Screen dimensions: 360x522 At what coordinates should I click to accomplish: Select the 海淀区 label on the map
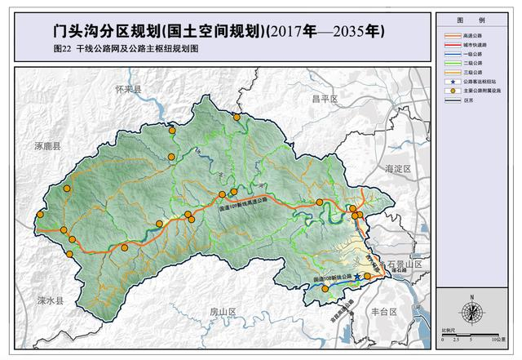[400, 167]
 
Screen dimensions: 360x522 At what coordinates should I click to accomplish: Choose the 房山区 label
[222, 312]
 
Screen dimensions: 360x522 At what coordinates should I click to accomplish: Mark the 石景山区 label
[405, 265]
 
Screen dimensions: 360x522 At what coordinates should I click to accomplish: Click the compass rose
[471, 311]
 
